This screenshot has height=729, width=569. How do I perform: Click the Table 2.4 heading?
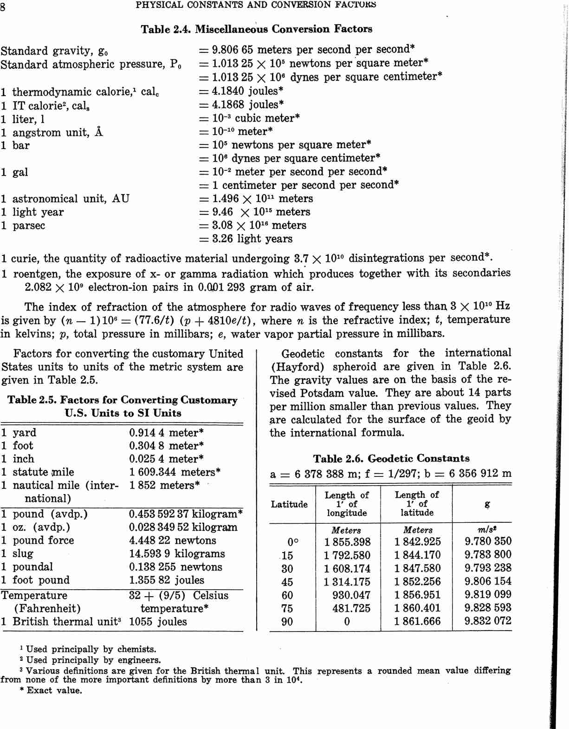click(256, 29)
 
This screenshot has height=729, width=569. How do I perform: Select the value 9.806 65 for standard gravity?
click(233, 50)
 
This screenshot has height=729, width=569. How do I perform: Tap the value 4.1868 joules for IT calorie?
click(247, 104)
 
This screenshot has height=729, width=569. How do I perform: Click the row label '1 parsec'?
click(23, 226)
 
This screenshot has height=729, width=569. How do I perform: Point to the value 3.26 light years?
click(252, 239)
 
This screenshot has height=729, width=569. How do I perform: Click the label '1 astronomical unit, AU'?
click(65, 199)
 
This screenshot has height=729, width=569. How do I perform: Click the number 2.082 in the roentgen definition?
click(38, 287)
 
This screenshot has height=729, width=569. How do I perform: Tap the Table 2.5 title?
click(123, 406)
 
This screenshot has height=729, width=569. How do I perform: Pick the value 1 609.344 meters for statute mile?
click(175, 472)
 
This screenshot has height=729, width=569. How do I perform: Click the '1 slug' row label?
click(17, 553)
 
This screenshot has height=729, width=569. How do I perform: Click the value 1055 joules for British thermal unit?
click(158, 622)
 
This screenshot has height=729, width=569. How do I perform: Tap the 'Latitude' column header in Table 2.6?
click(289, 504)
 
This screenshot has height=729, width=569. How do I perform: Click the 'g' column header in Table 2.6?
click(487, 504)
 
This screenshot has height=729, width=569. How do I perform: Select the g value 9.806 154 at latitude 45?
click(488, 581)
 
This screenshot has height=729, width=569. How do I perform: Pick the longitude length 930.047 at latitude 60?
click(351, 595)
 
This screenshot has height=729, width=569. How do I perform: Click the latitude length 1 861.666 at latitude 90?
click(417, 621)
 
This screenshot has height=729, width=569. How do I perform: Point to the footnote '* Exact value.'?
click(51, 690)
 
